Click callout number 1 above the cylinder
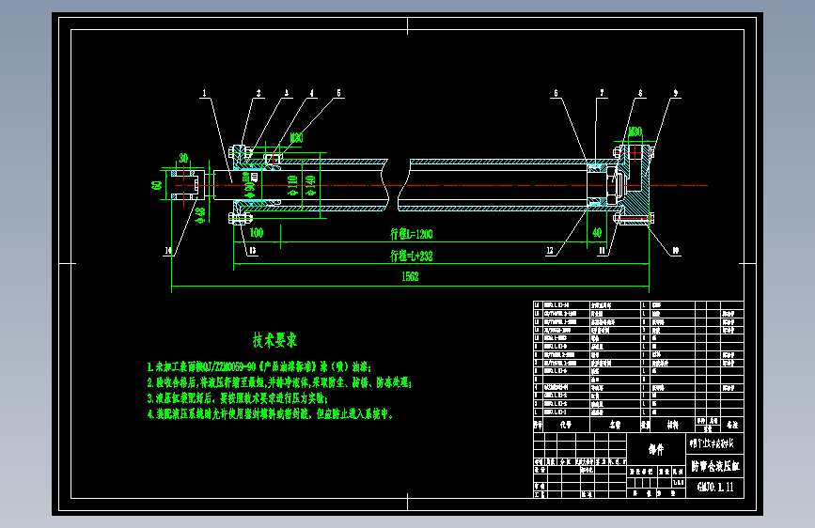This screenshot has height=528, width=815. [x=203, y=93]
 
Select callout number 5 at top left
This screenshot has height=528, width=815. [x=338, y=93]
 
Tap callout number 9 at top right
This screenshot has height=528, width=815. [x=675, y=93]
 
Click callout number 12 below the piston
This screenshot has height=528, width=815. [x=550, y=251]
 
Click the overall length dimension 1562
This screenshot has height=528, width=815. [x=410, y=276]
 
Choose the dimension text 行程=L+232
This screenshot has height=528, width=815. [x=411, y=255]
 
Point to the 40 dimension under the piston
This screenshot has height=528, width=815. [x=596, y=231]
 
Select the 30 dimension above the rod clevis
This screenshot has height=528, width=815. [x=184, y=158]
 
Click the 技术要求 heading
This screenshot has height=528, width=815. [x=274, y=338]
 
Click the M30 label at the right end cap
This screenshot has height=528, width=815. [x=635, y=132]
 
